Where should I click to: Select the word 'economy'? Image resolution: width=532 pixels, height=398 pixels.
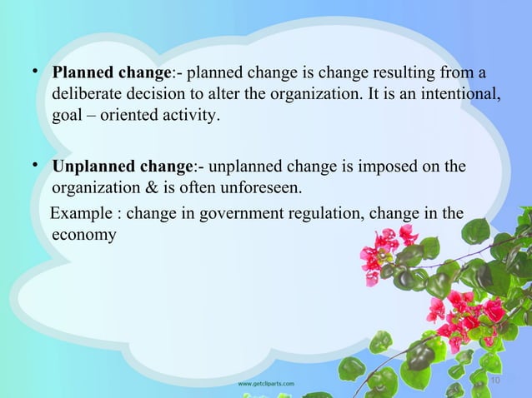click(x=84, y=235)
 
